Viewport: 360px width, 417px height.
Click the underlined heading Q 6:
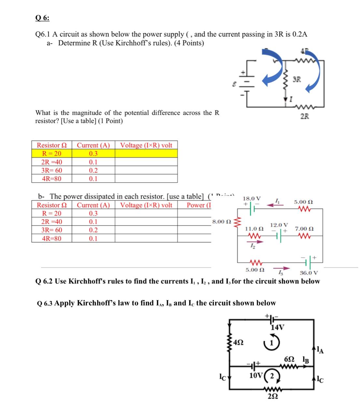[x=42, y=18]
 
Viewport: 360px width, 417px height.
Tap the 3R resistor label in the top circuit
[x=297, y=79]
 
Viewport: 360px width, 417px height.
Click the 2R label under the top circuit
[x=305, y=116]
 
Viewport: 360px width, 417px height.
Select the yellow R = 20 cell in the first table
[x=52, y=153]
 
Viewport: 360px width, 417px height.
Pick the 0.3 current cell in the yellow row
[x=93, y=153]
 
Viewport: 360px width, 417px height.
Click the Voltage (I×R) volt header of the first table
[x=146, y=145]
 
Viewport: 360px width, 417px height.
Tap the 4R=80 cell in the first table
[x=52, y=179]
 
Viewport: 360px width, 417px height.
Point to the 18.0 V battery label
[x=252, y=198]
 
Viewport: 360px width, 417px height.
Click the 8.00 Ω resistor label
[x=222, y=222]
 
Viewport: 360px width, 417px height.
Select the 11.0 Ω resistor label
[x=254, y=229]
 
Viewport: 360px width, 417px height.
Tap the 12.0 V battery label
[x=279, y=225]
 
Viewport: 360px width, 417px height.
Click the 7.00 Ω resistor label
[x=304, y=229]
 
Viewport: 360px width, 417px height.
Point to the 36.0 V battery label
[x=309, y=273]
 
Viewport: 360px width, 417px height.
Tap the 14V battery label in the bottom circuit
[x=278, y=327]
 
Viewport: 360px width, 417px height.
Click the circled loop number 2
[x=272, y=376]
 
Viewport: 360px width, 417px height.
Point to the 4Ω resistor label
[x=239, y=342]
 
